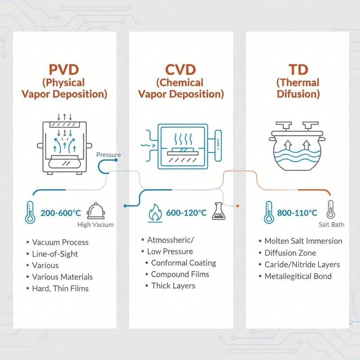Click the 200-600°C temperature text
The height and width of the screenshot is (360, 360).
point(61,213)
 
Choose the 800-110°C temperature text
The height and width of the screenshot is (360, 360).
point(297,213)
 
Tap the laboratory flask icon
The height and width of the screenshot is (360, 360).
point(218,212)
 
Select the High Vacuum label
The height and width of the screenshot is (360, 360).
point(95,225)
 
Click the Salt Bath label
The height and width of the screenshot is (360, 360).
point(332,225)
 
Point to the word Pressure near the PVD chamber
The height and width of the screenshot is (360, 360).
point(108,155)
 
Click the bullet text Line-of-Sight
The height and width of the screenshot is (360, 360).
point(55,254)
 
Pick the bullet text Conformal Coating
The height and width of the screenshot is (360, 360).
point(184,263)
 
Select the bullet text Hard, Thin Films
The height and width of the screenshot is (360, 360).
point(60,289)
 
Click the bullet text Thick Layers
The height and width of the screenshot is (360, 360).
point(173,285)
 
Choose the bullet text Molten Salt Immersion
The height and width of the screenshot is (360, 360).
point(303,241)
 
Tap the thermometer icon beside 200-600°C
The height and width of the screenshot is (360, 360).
point(30,212)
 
